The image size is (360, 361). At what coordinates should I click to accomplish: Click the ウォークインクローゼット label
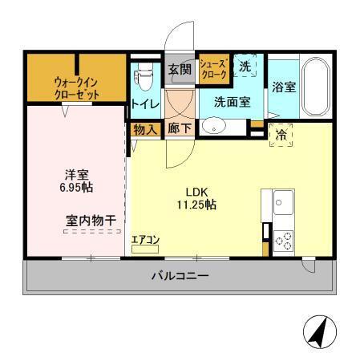(x=77, y=87)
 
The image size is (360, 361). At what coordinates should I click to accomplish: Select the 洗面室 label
(x=232, y=102)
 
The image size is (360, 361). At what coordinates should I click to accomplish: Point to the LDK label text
(x=197, y=192)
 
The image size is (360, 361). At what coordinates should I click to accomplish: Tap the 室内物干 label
(x=89, y=219)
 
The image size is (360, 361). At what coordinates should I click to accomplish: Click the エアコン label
(x=145, y=239)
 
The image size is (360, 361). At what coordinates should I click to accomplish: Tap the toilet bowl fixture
(x=144, y=77)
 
